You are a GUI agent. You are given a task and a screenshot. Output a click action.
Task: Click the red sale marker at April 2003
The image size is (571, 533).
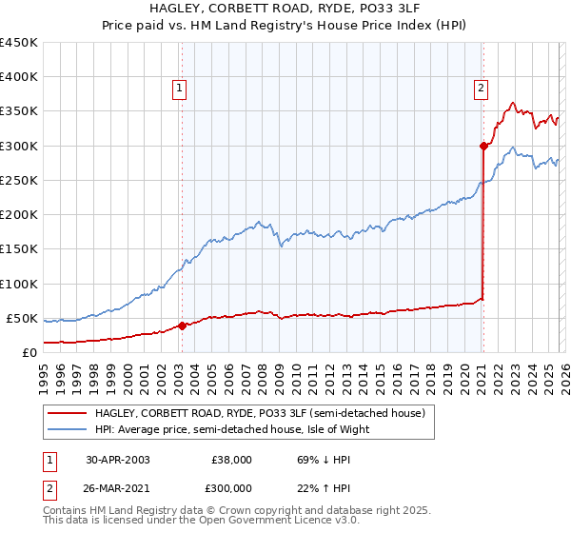[x=182, y=326]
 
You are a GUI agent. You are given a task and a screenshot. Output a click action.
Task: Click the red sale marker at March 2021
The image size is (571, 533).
[x=483, y=146]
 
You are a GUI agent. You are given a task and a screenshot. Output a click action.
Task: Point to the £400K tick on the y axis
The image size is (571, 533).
[x=19, y=77]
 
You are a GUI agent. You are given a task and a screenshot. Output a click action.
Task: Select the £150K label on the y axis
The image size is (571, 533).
[x=19, y=248]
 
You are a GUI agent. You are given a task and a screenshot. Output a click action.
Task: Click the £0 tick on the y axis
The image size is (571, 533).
[x=30, y=352]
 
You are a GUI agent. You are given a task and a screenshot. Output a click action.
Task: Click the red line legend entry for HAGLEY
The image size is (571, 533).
[x=265, y=412]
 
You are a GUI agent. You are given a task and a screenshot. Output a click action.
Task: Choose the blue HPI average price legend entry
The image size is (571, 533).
[x=232, y=429]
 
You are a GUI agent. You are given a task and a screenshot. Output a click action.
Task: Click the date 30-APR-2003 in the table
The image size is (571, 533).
[x=117, y=459]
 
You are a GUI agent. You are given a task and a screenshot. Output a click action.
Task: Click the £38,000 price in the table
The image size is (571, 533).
[x=231, y=459]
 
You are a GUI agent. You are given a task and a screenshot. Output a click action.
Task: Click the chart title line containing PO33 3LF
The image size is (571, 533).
[x=285, y=8]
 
